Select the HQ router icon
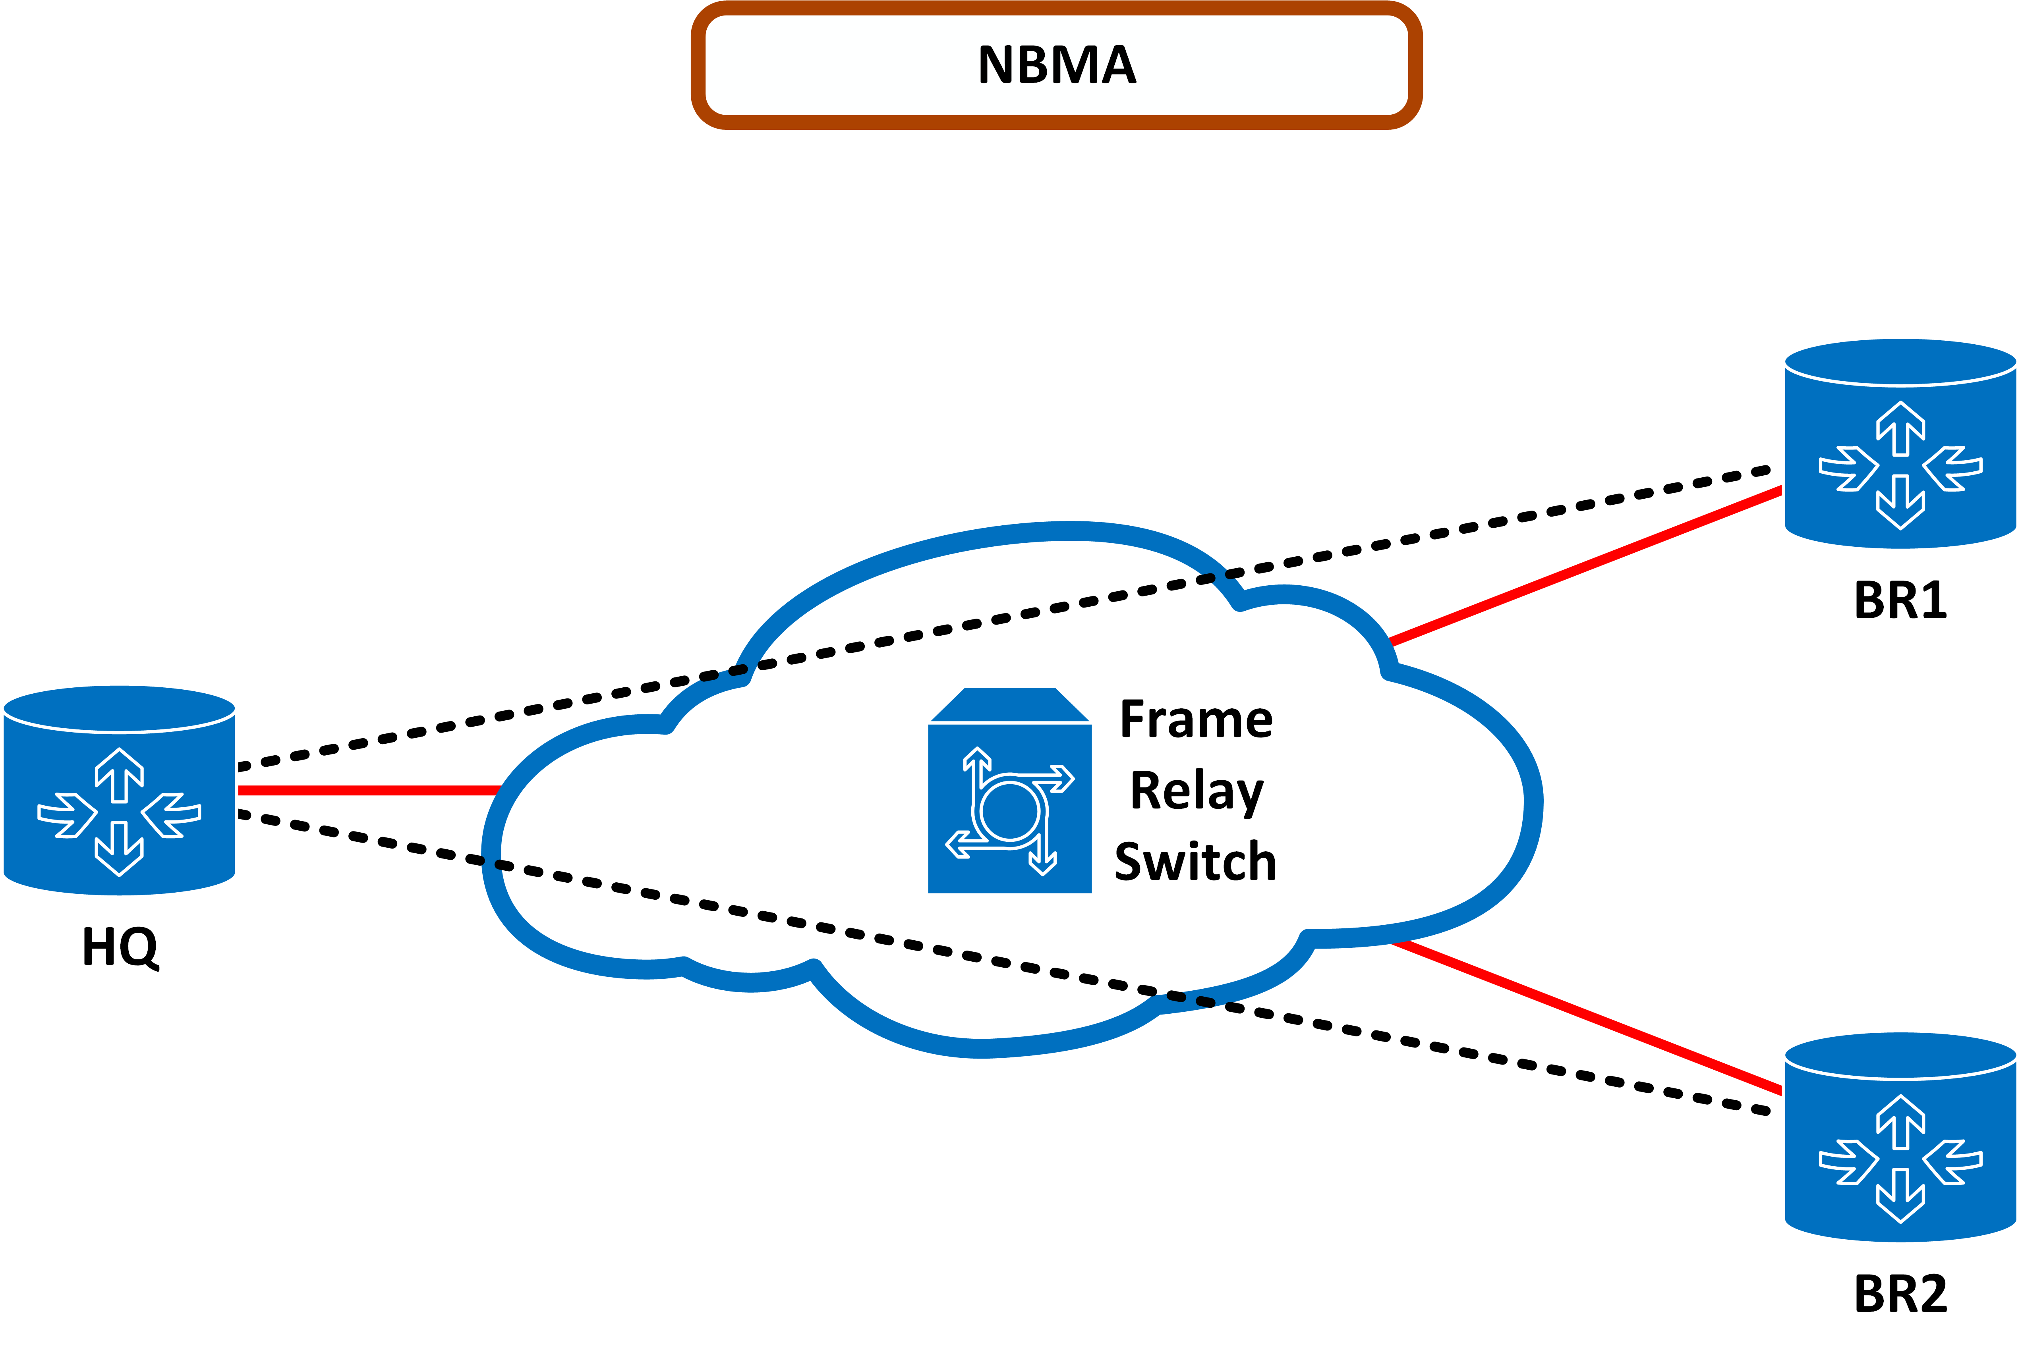[120, 790]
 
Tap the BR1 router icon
[1900, 444]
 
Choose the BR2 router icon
[1900, 1136]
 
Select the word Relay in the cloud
[1196, 791]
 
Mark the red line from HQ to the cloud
[368, 790]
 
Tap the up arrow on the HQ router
[120, 774]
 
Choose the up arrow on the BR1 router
[1900, 427]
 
